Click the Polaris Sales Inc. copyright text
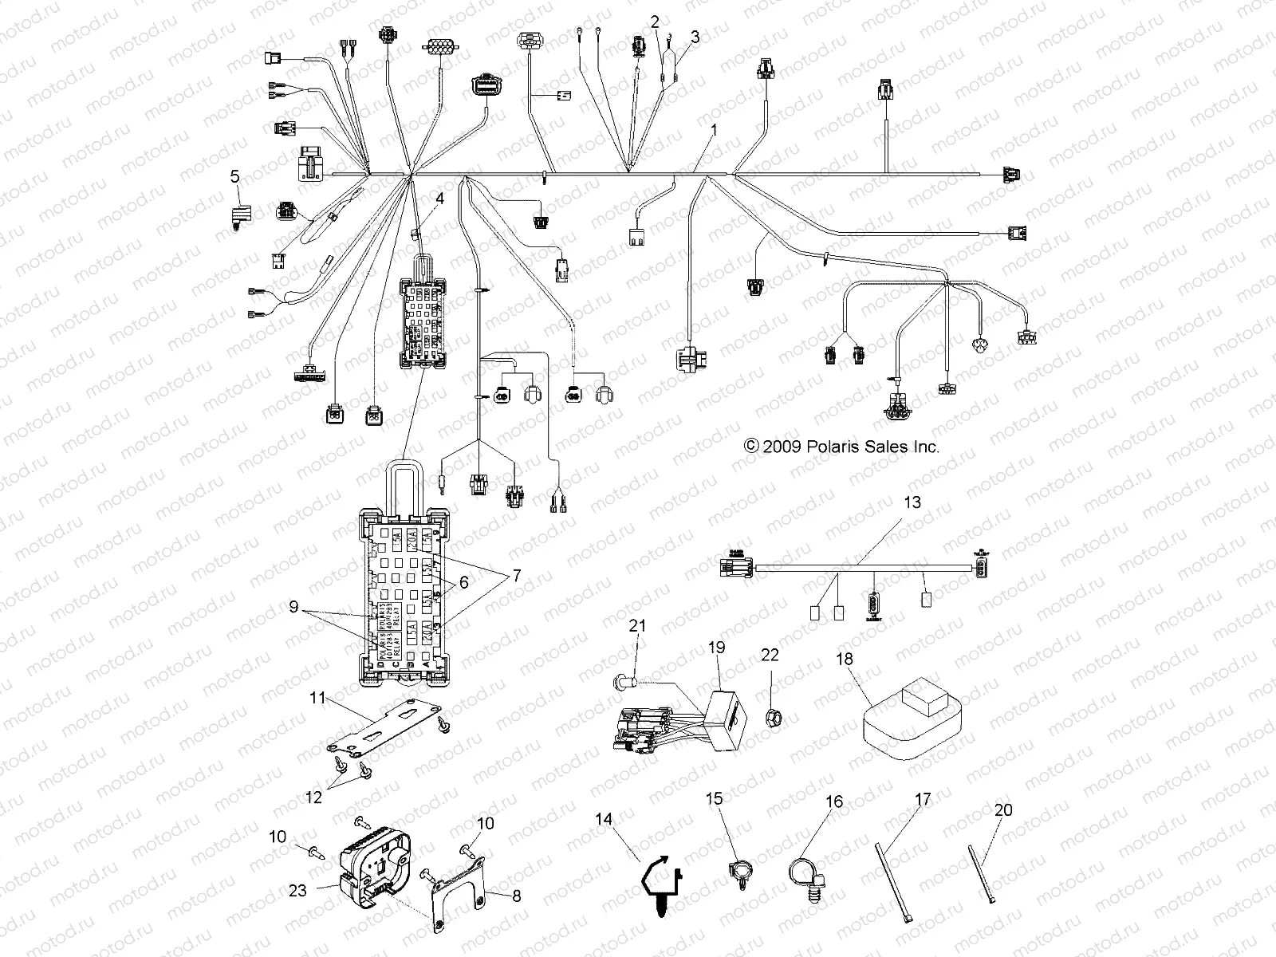click(841, 447)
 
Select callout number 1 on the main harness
click(714, 128)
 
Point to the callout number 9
click(294, 607)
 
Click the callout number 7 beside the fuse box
click(516, 574)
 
